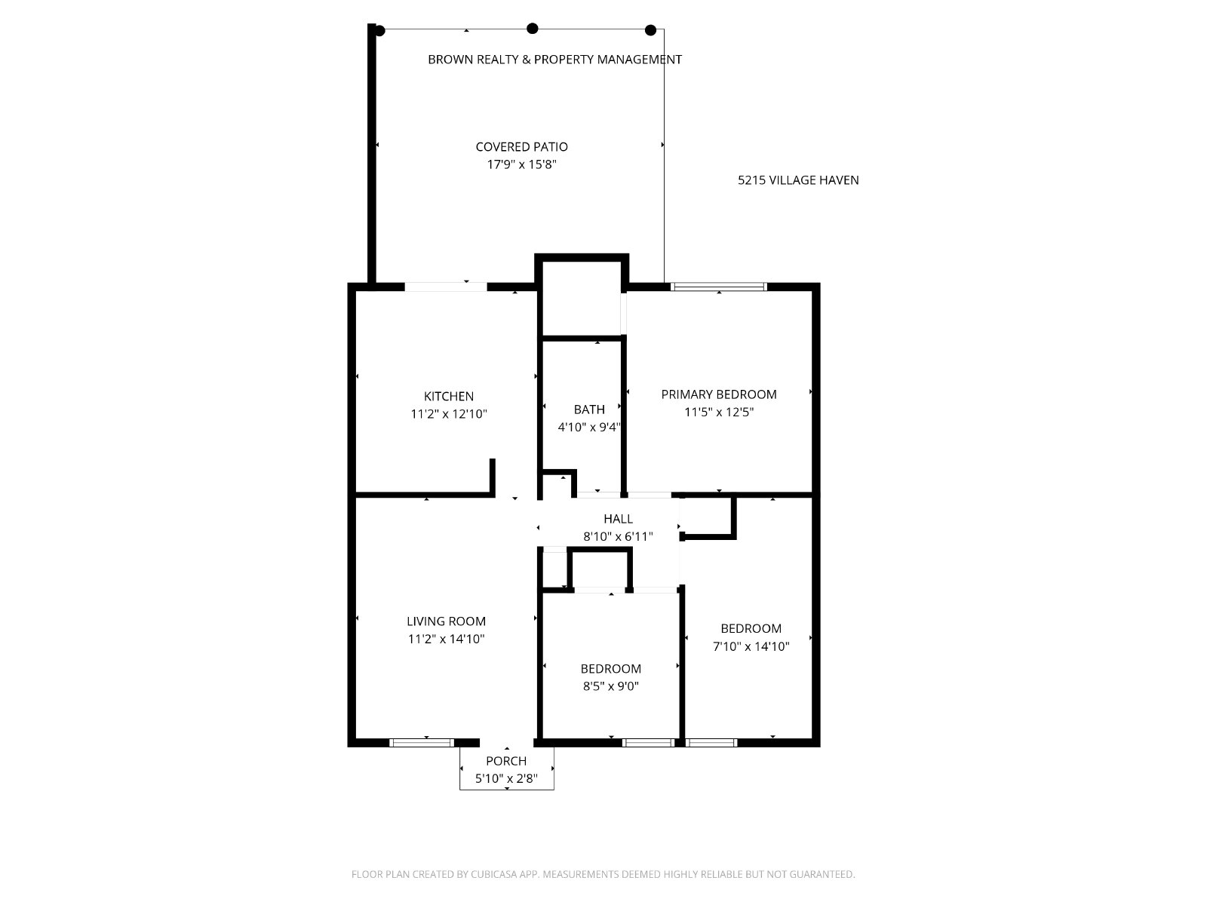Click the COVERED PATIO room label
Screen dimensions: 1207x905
[521, 147]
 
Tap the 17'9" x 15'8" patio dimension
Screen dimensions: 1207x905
[521, 164]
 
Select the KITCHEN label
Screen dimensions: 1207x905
[448, 396]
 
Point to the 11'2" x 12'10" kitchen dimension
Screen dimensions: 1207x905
[449, 414]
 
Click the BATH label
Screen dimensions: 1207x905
[589, 410]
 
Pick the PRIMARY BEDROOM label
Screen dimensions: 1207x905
[719, 394]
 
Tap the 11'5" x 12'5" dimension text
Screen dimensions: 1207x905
[719, 412]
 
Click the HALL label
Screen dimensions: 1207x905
[618, 519]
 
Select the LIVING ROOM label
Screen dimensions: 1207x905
[446, 621]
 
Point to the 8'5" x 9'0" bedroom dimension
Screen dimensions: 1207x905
[611, 686]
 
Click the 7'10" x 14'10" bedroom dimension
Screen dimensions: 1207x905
[751, 646]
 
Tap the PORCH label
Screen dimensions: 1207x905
[506, 761]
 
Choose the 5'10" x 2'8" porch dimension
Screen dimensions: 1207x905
[506, 778]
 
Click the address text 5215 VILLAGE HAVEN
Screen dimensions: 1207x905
[798, 180]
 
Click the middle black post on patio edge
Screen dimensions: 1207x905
[533, 29]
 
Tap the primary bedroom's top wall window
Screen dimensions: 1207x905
[718, 287]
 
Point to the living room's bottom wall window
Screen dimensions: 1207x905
[422, 743]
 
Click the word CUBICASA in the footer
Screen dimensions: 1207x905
[494, 873]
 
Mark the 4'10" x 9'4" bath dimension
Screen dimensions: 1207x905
[589, 427]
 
